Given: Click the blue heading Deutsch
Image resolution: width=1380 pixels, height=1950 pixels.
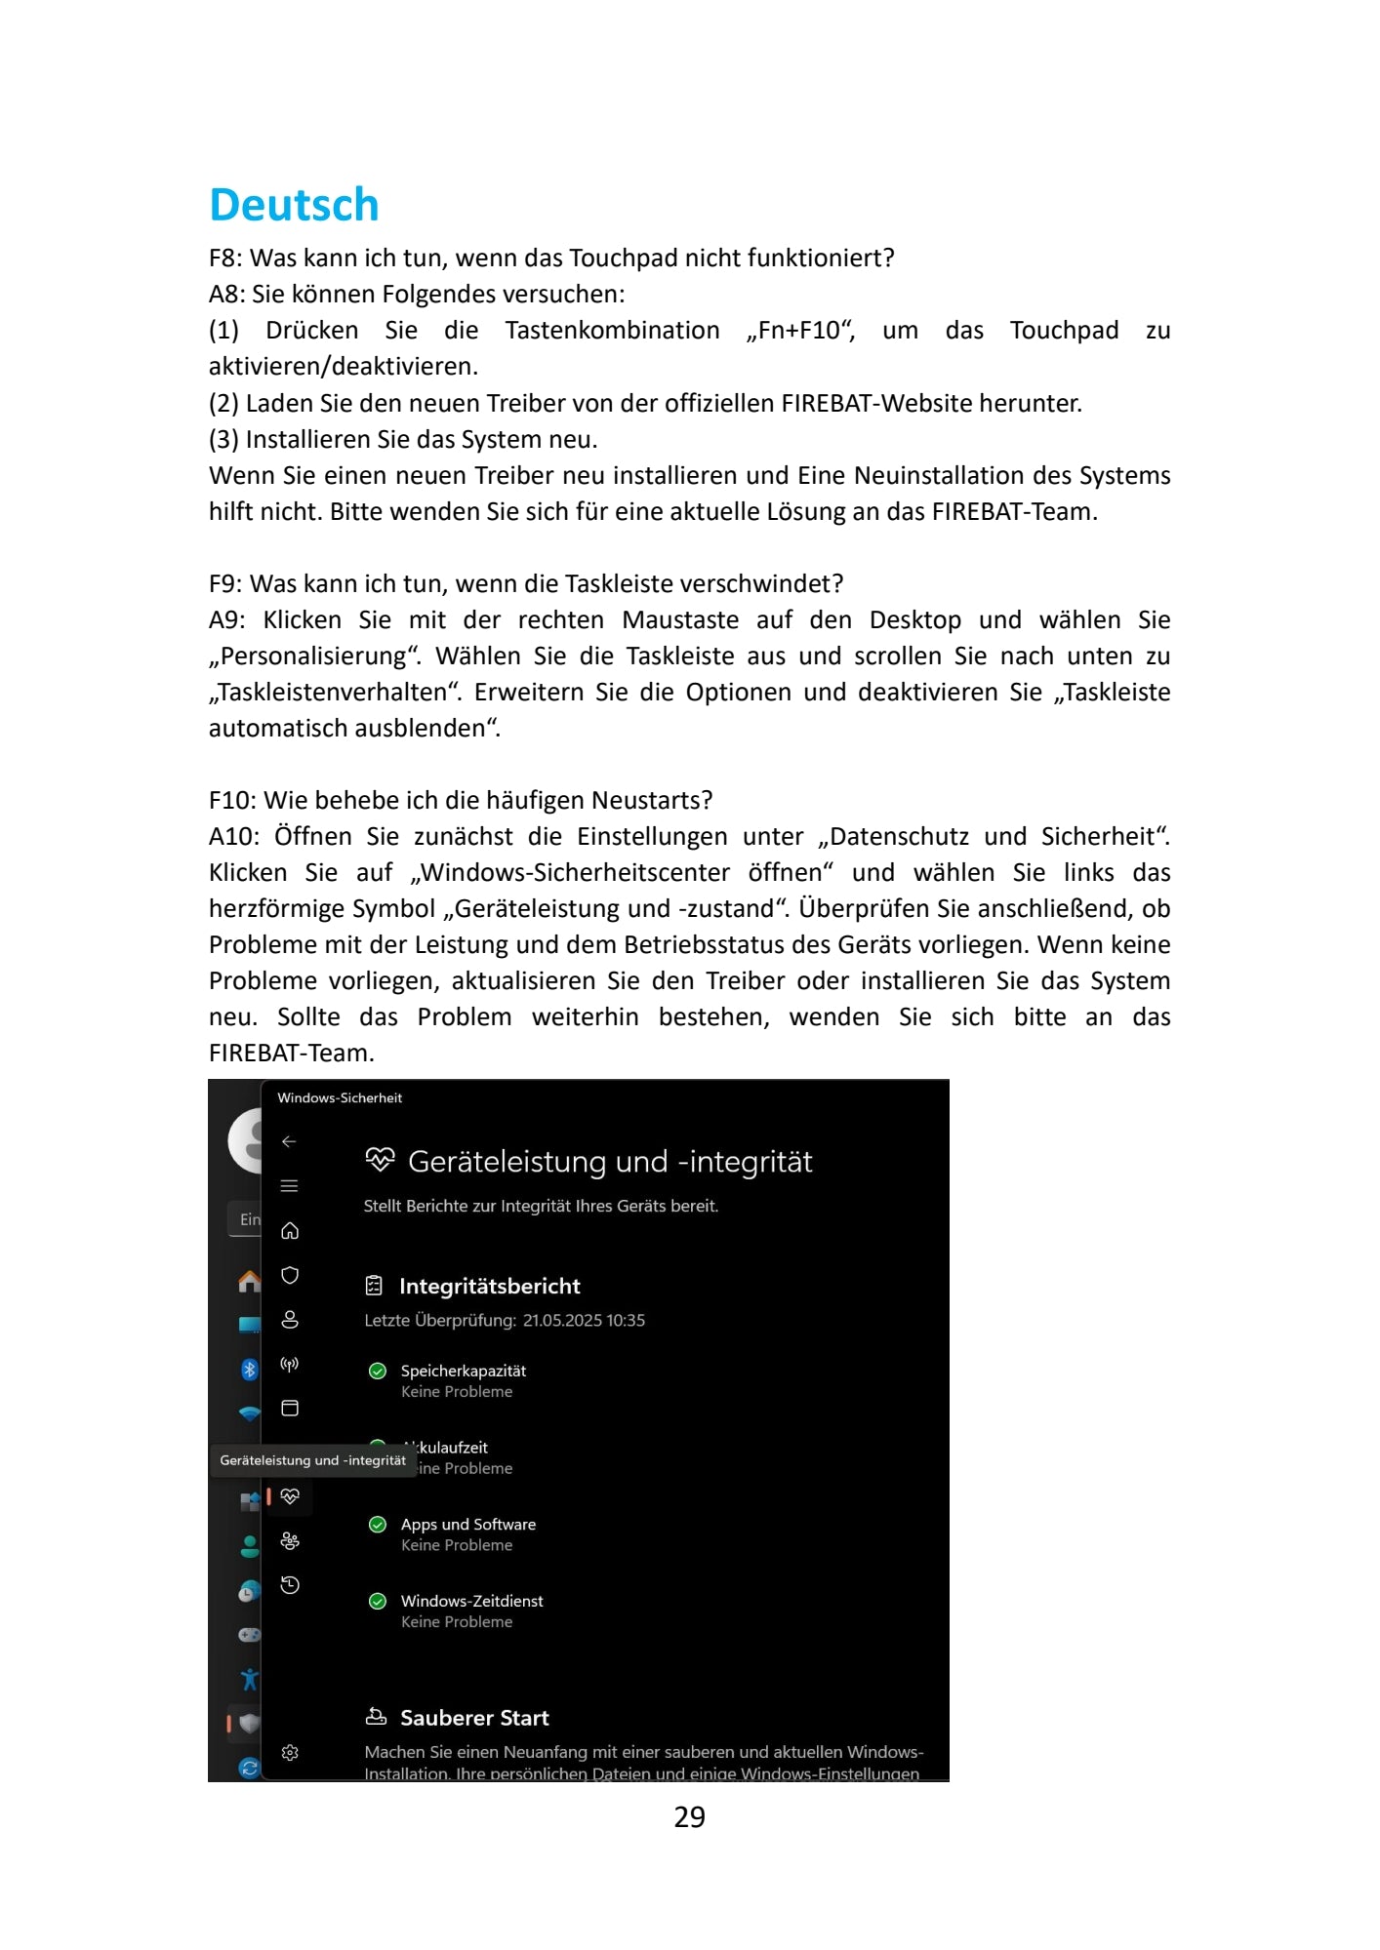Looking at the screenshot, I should (x=294, y=205).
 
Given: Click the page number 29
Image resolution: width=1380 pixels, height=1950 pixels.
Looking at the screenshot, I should (x=689, y=1816).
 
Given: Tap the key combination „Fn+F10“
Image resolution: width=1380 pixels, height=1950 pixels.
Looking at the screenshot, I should (x=800, y=331).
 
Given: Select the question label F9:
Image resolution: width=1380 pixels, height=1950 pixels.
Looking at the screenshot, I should (x=225, y=583).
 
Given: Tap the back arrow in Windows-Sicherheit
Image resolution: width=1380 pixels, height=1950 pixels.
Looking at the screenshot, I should (x=289, y=1141).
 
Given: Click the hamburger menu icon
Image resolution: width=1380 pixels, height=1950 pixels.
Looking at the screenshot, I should (x=289, y=1186).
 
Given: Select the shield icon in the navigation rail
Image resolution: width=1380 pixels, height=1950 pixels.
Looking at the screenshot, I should (x=290, y=1275).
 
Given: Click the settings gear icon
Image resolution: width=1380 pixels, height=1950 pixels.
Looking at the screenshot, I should (x=290, y=1752).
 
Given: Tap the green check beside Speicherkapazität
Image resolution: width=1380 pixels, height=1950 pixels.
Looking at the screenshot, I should (x=378, y=1371).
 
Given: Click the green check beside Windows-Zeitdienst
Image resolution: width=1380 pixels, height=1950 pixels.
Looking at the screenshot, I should (x=378, y=1601).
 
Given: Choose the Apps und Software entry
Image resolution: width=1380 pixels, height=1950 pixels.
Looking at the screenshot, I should (x=467, y=1524).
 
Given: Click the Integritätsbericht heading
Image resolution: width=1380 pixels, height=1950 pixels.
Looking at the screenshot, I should (x=489, y=1286).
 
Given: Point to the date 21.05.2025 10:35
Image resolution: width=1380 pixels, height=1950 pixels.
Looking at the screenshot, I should (x=584, y=1320).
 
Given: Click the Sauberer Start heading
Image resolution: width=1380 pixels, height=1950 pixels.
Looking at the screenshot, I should (x=474, y=1717).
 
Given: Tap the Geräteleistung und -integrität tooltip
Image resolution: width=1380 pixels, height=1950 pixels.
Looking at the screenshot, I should (x=312, y=1460).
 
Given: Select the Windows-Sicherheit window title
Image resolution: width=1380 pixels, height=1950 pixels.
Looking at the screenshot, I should (x=340, y=1097).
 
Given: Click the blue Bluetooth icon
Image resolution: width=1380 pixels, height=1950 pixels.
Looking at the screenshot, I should (x=249, y=1369).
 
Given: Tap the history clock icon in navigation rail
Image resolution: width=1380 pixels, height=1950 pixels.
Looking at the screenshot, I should (x=290, y=1584).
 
